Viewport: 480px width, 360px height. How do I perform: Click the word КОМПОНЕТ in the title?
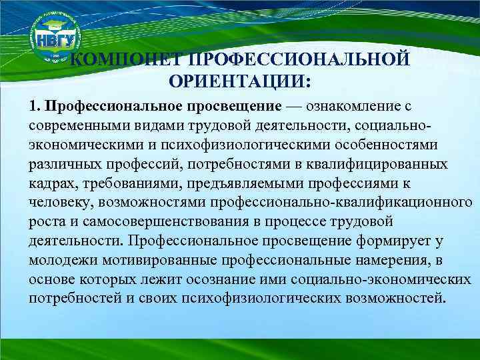coord(127,61)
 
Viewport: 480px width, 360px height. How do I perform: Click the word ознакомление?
coord(356,107)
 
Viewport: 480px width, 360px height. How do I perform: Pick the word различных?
coord(61,164)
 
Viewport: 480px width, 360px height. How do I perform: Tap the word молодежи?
coord(61,259)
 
